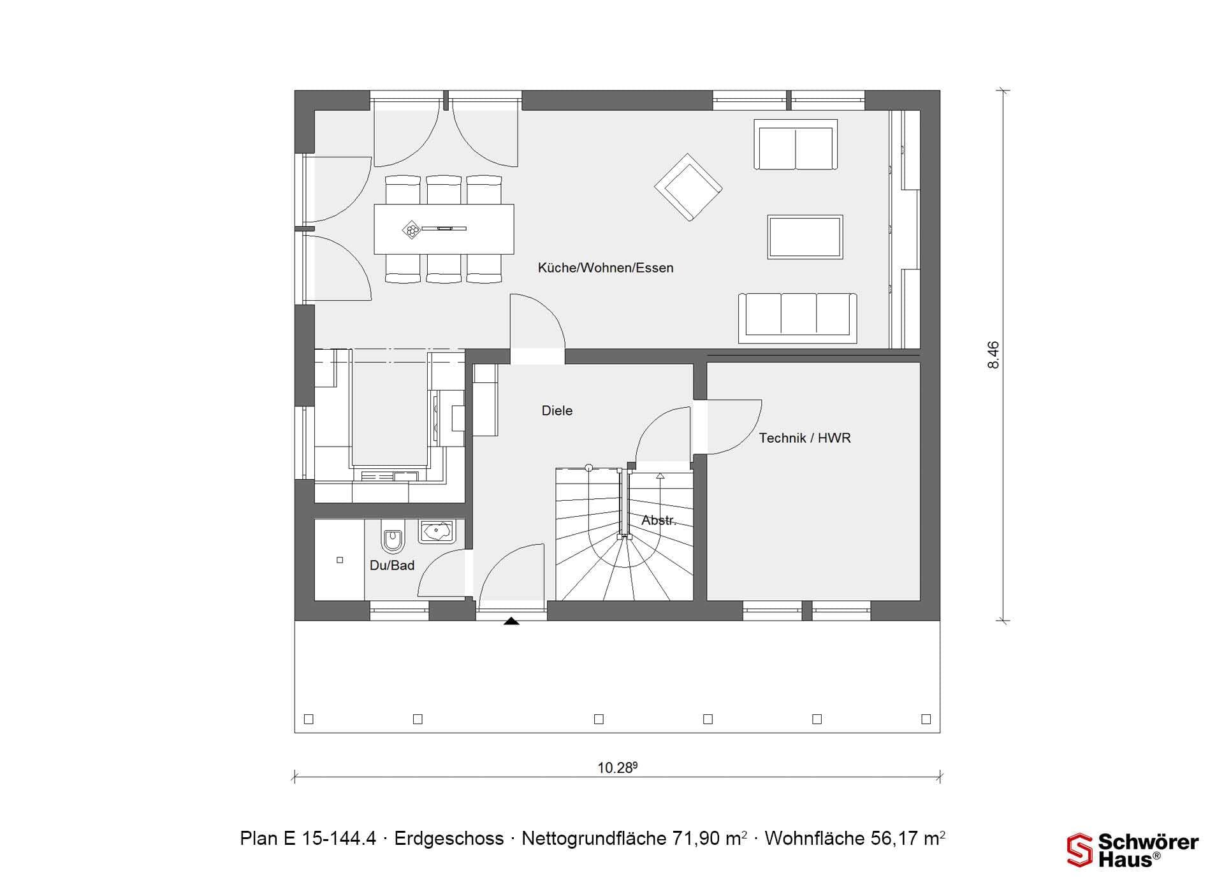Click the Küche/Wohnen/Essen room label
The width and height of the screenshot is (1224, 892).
[606, 268]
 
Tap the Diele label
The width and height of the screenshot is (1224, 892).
[557, 411]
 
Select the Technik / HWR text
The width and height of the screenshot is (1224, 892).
[805, 438]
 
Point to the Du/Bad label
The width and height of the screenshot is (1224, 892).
[392, 565]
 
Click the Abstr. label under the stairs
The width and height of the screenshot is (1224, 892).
[659, 521]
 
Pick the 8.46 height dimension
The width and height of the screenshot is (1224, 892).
[993, 355]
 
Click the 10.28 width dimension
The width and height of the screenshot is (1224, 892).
[617, 768]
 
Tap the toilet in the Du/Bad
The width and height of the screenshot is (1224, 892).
[393, 537]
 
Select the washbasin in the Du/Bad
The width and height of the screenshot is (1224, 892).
[436, 531]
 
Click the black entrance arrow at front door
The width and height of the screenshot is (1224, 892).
[511, 621]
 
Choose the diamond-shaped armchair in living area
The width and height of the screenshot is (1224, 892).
[688, 187]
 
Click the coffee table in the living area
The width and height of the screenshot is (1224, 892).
[805, 237]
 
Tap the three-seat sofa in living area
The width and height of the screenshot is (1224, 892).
[798, 318]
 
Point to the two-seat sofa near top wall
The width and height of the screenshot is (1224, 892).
[796, 145]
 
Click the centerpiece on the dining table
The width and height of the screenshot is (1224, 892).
[412, 229]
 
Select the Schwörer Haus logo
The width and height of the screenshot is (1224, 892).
[1133, 851]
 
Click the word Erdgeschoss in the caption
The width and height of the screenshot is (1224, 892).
[449, 838]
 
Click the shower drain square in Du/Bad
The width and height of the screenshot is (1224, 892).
[340, 560]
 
